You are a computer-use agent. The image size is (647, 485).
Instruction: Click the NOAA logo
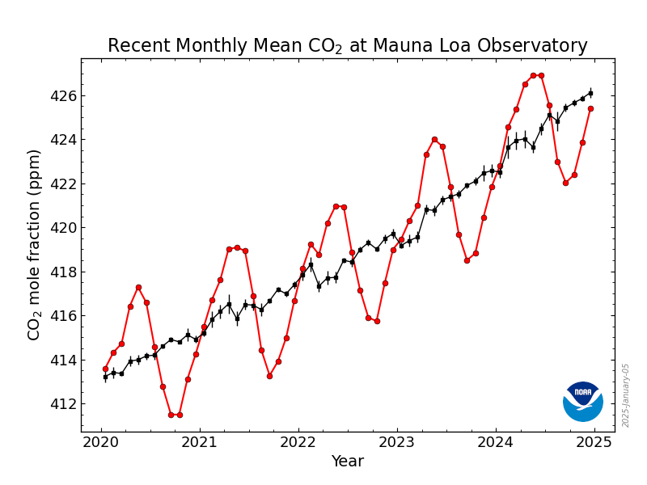tap(583, 401)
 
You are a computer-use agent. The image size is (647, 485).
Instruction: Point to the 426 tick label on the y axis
tap(62, 96)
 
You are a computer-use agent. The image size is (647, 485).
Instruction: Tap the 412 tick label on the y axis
tap(62, 403)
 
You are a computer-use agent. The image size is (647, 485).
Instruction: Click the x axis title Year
tap(348, 462)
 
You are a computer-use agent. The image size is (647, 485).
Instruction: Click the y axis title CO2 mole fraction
tap(35, 244)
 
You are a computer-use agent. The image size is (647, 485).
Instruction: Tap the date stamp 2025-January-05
tap(626, 395)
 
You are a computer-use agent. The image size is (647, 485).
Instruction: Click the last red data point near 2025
tap(590, 108)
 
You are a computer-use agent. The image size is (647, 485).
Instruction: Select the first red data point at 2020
tap(105, 369)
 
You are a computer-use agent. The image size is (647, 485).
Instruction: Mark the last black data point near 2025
tap(590, 93)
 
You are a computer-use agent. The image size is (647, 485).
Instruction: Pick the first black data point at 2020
tap(105, 377)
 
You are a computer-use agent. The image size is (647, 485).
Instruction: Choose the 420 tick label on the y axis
tap(62, 228)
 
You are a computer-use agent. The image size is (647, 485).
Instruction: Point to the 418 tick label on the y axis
tap(62, 272)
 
